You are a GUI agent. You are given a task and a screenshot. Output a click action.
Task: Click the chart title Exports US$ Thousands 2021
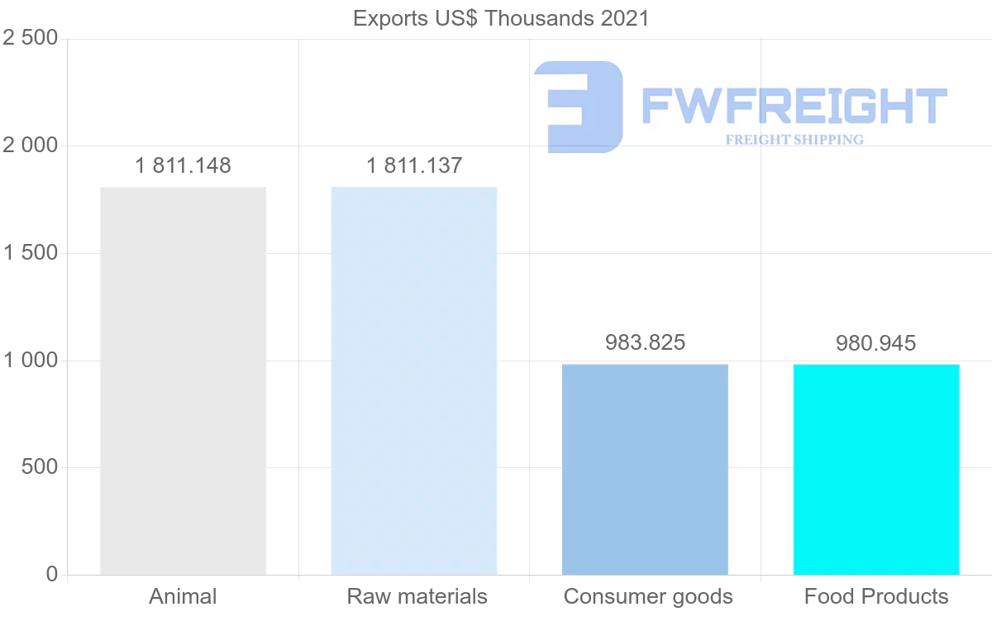[501, 18]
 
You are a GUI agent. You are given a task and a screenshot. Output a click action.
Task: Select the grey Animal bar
[183, 380]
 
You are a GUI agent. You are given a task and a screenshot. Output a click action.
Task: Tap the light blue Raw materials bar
[414, 380]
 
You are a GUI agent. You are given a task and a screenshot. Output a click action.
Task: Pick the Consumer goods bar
[645, 469]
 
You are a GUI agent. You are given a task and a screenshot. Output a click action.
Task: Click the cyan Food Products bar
[876, 469]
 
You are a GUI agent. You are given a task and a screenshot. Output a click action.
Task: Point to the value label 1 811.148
[183, 165]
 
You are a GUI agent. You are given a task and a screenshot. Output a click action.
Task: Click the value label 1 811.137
[414, 165]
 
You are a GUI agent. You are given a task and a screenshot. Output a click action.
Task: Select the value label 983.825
[645, 342]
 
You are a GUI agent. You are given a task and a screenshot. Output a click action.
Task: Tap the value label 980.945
[875, 343]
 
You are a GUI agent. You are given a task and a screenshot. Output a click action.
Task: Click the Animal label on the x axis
[183, 596]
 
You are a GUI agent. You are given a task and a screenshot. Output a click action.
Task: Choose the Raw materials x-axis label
[417, 596]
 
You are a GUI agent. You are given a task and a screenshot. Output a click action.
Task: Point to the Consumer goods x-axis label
[648, 596]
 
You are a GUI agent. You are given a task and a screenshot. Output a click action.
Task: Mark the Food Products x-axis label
[876, 596]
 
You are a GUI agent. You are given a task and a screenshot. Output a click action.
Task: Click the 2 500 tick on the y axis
[31, 39]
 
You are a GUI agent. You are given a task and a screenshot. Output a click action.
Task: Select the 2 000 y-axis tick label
[31, 146]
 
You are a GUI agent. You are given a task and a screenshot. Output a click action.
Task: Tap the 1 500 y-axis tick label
[31, 253]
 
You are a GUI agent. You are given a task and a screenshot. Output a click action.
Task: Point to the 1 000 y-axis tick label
[31, 361]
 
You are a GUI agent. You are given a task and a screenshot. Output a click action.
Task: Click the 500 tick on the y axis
[39, 468]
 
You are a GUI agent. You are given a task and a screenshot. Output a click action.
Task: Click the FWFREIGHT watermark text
[794, 106]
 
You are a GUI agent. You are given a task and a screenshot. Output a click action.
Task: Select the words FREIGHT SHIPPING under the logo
[794, 140]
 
